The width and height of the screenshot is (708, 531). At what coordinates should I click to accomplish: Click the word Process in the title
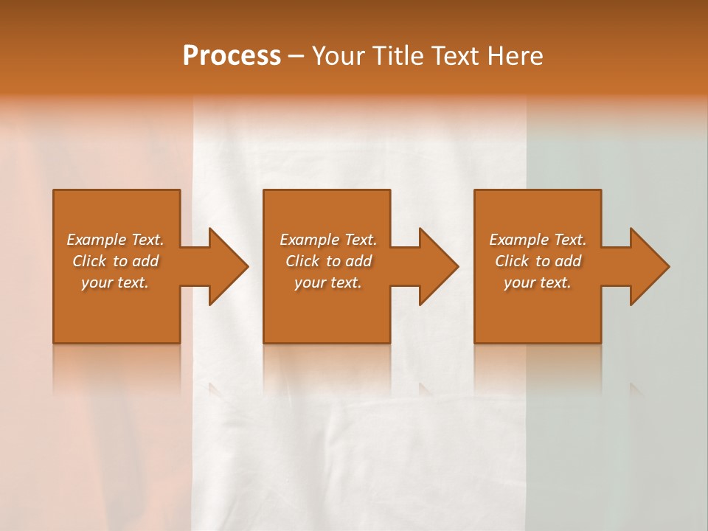232,56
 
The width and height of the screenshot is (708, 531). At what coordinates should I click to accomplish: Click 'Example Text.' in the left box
115,240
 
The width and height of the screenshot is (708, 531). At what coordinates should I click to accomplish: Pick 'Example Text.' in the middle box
328,240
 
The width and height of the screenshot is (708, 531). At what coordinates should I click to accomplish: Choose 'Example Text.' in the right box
538,240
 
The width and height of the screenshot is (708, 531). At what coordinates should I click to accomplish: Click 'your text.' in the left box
115,282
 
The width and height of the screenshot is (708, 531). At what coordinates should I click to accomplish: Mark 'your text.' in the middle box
328,282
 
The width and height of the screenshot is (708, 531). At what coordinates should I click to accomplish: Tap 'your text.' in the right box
538,282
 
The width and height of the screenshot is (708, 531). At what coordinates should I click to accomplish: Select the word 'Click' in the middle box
302,261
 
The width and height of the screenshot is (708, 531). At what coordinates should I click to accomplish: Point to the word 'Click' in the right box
511,261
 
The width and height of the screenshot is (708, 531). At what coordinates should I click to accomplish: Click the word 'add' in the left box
145,261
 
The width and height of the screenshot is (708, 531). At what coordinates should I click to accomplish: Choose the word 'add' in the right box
568,261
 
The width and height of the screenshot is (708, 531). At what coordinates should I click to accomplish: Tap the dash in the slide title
296,57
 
